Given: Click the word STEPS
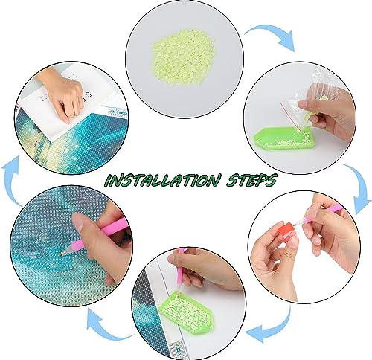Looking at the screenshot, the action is [251, 180].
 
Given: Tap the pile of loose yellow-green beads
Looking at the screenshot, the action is [183, 57].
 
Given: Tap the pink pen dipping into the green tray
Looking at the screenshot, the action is [181, 269].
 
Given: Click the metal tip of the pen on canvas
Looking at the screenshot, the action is [65, 253].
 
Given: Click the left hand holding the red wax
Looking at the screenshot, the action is [275, 263].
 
